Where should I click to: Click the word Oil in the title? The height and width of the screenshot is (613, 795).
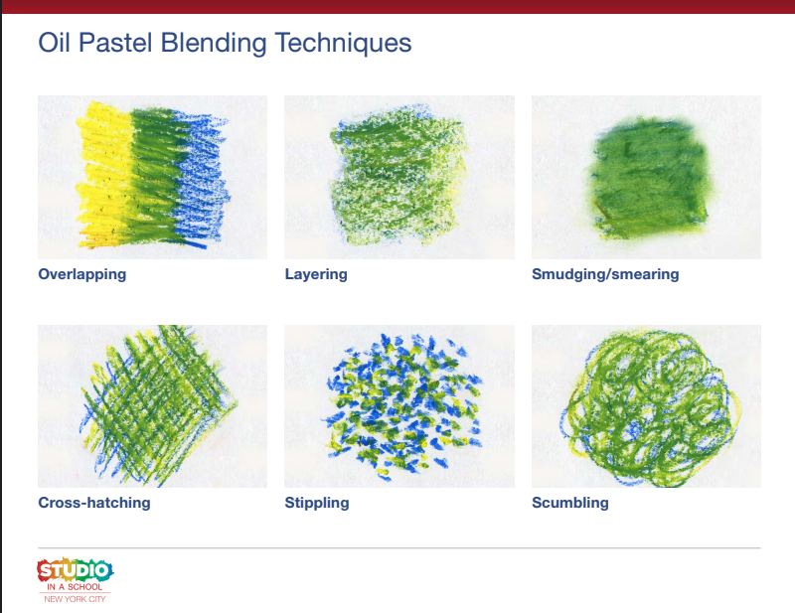tap(55, 43)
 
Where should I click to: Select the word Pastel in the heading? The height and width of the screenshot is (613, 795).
tap(115, 43)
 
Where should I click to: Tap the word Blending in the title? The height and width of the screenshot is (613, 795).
tap(214, 44)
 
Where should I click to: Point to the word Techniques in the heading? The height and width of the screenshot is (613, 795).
tap(343, 44)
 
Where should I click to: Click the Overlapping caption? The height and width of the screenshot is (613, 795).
tap(82, 274)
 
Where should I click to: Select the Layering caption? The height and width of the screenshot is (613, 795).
tap(316, 274)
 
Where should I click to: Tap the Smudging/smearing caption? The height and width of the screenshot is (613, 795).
tap(605, 274)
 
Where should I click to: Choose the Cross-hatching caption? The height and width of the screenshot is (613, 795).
tap(94, 503)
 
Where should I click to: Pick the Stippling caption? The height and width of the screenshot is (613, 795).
tap(317, 503)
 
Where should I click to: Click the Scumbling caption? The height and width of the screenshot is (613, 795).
tap(570, 503)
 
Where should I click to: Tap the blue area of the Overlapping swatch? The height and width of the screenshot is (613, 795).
tap(203, 175)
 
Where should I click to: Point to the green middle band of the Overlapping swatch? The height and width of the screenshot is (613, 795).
tap(152, 175)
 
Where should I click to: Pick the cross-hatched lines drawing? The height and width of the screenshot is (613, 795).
tap(157, 405)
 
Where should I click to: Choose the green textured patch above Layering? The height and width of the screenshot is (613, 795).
tap(398, 175)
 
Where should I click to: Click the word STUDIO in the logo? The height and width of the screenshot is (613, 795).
tap(76, 571)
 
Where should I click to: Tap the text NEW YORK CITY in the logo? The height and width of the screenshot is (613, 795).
tap(75, 599)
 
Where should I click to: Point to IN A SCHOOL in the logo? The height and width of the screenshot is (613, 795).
tap(75, 586)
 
